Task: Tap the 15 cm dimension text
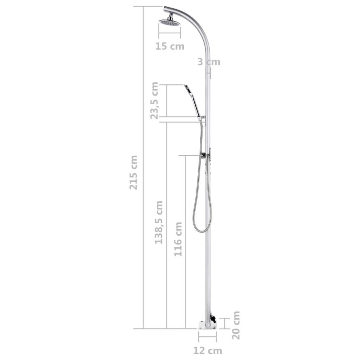(170, 46)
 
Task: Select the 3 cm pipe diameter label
(209, 62)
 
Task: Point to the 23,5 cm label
(155, 101)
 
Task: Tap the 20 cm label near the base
(237, 316)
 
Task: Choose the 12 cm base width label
(207, 350)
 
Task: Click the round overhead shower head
(170, 23)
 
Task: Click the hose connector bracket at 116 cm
(205, 155)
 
